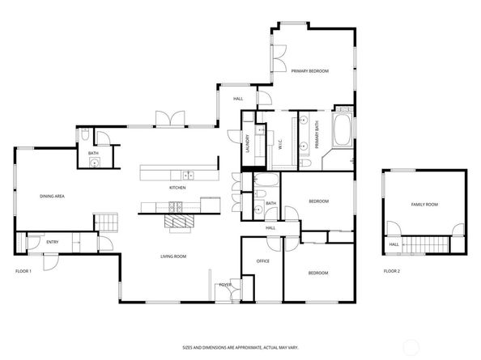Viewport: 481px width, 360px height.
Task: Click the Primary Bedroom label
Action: click(310, 71)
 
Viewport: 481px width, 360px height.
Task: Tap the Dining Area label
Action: click(52, 196)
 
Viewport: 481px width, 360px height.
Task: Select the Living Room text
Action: click(173, 256)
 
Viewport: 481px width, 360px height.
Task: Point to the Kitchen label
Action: click(177, 188)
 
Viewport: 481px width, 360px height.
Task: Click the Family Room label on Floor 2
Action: click(424, 205)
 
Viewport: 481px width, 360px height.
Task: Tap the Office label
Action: click(263, 261)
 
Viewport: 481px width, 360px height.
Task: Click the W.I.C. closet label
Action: click(280, 144)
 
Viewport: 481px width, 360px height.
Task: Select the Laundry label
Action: click(248, 144)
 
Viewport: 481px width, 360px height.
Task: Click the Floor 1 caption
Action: click(23, 271)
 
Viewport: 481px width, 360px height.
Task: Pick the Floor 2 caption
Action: click(392, 271)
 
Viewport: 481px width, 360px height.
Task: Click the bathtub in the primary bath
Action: click(343, 130)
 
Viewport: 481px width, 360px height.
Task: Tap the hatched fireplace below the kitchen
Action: click(179, 221)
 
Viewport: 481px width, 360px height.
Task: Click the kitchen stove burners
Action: click(176, 207)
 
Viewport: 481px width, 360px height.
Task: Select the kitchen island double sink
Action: click(189, 176)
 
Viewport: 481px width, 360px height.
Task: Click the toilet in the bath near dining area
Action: click(85, 134)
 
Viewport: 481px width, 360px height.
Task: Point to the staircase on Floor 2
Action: click(425, 245)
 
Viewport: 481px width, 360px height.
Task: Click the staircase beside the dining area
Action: click(105, 222)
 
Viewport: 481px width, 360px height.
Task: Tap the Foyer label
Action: click(225, 285)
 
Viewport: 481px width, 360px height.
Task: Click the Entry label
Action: click(52, 242)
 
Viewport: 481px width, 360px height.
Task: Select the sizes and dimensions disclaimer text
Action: click(240, 348)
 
